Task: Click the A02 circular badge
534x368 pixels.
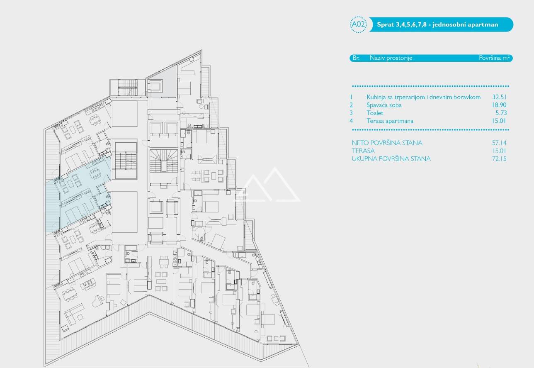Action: [358, 24]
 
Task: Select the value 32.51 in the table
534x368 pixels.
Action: [499, 97]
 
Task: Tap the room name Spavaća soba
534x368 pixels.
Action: [384, 105]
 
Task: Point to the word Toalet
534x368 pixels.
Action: [375, 113]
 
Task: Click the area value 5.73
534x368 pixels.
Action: [501, 113]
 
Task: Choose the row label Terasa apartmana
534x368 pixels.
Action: [390, 121]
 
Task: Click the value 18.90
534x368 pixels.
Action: [499, 105]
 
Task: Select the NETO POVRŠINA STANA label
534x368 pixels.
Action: [387, 143]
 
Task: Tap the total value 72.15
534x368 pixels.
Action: [499, 158]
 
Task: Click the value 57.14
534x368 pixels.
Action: [499, 143]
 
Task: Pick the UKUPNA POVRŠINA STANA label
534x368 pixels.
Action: [391, 158]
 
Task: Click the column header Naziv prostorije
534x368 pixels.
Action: [391, 58]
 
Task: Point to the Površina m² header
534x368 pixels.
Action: [494, 58]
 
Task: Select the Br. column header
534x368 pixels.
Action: [356, 58]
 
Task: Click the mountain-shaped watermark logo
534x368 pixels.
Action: [267, 185]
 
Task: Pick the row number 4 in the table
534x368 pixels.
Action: [351, 121]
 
